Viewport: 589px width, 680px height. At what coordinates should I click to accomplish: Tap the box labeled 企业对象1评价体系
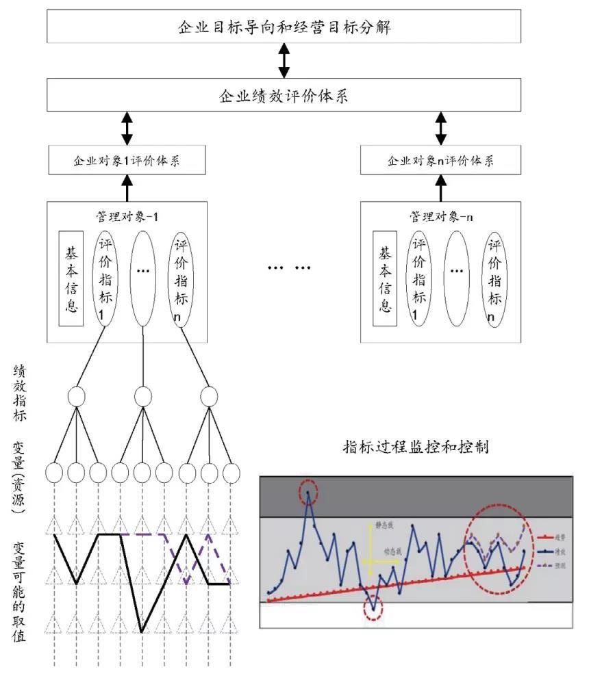127,160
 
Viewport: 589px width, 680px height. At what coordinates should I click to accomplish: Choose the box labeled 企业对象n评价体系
441,160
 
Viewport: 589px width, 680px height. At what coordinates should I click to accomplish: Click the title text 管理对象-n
441,216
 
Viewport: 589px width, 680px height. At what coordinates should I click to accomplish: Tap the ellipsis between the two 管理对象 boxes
288,266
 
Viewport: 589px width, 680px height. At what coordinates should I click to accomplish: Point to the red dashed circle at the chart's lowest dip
373,606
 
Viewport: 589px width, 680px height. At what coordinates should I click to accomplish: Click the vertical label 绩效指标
20,393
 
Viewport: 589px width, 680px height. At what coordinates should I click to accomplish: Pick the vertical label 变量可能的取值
20,591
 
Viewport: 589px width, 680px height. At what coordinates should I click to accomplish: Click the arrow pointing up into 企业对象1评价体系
127,187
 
